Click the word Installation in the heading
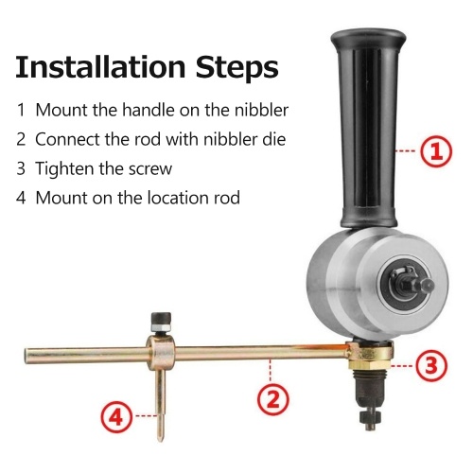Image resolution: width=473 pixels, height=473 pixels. coord(100,66)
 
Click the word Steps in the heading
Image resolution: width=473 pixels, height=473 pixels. coord(237,68)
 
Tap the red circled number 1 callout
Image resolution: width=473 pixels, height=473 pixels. coord(436,151)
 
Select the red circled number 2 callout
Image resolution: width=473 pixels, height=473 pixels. coord(273,399)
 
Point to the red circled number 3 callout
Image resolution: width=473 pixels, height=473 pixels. coord(431,365)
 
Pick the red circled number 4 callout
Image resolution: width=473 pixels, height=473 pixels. coord(117,418)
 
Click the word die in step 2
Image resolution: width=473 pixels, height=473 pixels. coord(272,139)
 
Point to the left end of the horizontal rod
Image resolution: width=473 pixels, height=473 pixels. coord(26,356)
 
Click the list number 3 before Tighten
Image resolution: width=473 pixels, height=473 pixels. coord(21,168)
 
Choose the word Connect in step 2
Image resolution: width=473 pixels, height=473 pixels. coord(67,139)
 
